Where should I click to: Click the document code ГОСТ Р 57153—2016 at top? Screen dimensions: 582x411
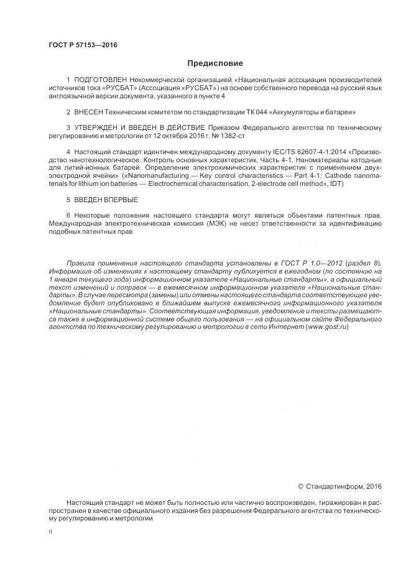(x=82, y=45)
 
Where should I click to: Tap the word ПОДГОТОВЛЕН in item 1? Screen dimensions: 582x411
(x=100, y=81)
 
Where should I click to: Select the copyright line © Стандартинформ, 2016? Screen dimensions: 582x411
(x=339, y=486)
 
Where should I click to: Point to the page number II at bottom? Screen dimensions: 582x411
(x=50, y=532)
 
